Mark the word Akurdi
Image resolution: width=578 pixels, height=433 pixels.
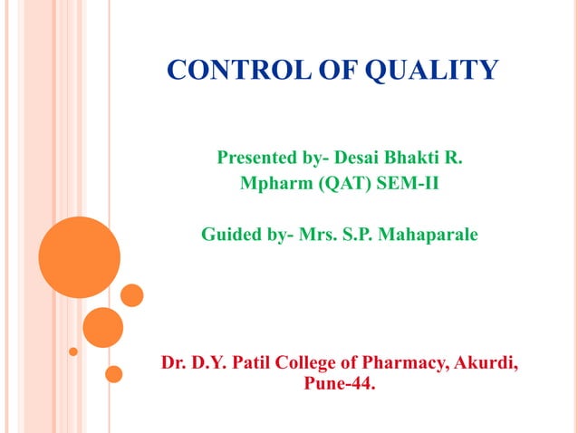tap(485, 365)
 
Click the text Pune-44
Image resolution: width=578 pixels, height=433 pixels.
tap(340, 386)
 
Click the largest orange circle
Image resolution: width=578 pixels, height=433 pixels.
tap(80, 257)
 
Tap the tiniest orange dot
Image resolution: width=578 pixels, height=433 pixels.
tap(73, 350)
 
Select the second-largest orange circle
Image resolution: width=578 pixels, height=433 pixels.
tap(102, 327)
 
